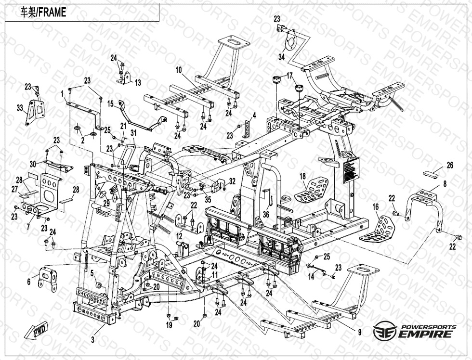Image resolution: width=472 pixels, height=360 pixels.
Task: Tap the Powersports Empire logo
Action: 415,331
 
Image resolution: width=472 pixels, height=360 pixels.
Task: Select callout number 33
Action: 20,108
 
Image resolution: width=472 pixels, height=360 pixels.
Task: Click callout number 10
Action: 178,70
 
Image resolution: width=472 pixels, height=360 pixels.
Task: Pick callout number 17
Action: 290,75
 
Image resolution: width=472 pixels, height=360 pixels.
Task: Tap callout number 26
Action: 450,166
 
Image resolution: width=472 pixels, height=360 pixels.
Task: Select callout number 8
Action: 445,183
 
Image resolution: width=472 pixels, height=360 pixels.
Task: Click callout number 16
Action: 375,207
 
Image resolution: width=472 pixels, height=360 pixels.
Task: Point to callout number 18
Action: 303,175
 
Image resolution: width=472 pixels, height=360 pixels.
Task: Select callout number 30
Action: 33,163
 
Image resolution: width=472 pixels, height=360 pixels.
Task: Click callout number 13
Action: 138,83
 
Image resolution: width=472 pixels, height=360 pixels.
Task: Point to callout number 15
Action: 110,103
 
